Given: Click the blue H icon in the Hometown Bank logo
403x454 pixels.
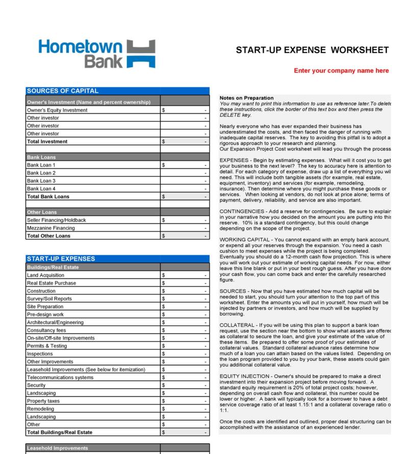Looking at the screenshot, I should point(140,55).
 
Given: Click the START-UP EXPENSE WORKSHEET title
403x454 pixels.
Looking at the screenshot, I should point(312,50).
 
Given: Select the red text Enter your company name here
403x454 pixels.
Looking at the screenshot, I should point(341,71).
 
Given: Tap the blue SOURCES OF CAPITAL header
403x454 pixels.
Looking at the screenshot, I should point(63,91).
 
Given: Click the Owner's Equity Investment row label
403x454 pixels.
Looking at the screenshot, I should point(57,110).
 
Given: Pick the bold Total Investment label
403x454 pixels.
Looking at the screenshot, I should point(47,141).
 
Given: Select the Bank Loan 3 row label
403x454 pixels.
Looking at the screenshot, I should point(41,181).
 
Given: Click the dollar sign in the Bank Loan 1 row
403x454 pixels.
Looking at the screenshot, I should point(163,165).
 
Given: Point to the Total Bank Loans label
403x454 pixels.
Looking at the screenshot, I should point(48,196).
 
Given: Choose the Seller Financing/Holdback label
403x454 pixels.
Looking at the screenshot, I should point(57,220).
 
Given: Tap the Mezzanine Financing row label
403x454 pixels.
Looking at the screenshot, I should point(51,228).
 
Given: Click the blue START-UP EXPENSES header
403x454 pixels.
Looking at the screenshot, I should point(61,259).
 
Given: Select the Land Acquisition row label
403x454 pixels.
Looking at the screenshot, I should point(45,275).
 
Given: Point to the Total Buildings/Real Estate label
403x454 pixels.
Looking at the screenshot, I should point(60,433).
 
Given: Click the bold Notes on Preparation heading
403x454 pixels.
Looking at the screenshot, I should point(246,98).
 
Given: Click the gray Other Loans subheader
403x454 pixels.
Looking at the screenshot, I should point(41,212).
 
